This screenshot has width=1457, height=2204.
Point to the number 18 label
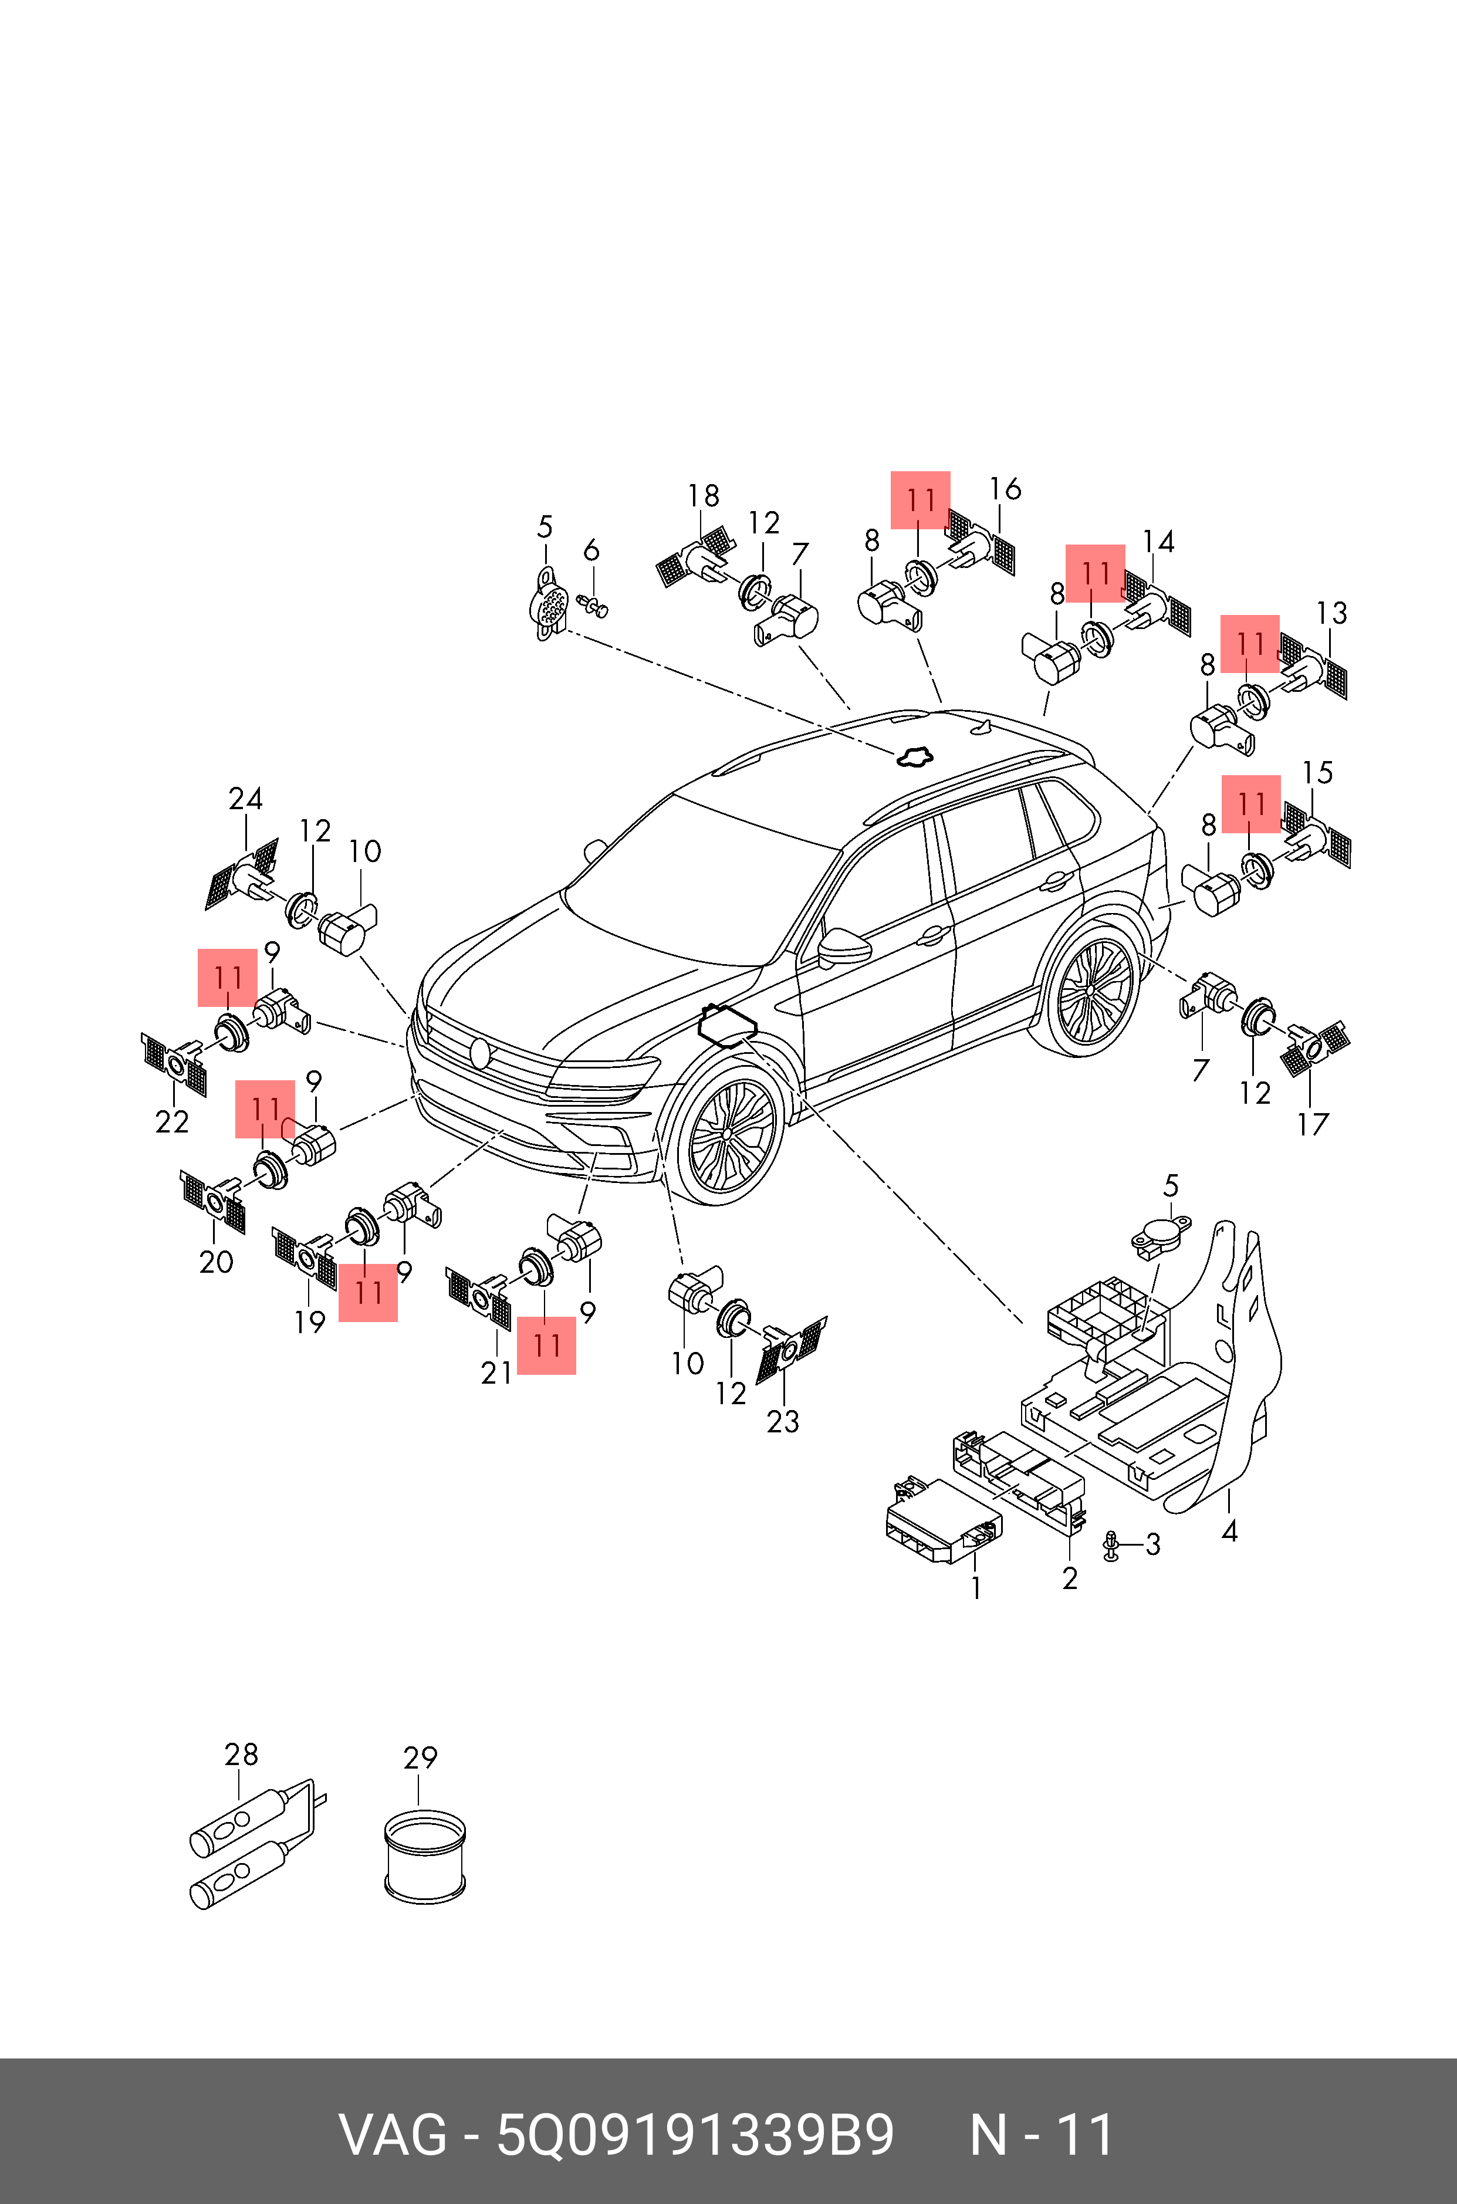click(x=704, y=496)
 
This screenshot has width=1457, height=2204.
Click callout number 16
click(x=1005, y=489)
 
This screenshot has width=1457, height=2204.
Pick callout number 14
click(x=1158, y=542)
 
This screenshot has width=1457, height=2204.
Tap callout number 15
click(x=1317, y=772)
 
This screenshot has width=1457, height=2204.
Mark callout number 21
click(x=496, y=1373)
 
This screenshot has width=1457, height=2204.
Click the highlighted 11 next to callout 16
click(x=920, y=500)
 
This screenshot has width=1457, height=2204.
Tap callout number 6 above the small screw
click(x=591, y=551)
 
